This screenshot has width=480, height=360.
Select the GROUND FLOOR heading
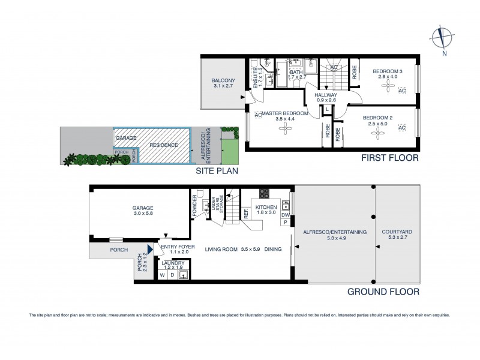click(383, 292)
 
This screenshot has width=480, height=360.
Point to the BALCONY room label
click(223, 83)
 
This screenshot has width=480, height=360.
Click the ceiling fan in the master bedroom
click(278, 130)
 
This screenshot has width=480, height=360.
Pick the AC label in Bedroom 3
click(402, 91)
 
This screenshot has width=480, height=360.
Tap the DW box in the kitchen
click(286, 215)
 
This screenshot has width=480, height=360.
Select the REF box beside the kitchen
click(246, 212)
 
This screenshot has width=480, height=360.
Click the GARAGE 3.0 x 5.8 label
click(143, 210)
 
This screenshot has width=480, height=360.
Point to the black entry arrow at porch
click(151, 250)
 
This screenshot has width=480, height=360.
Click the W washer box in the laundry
click(162, 275)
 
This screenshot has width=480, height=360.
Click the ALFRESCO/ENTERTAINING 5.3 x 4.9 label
click(334, 235)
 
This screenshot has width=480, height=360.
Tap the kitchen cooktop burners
click(263, 193)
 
